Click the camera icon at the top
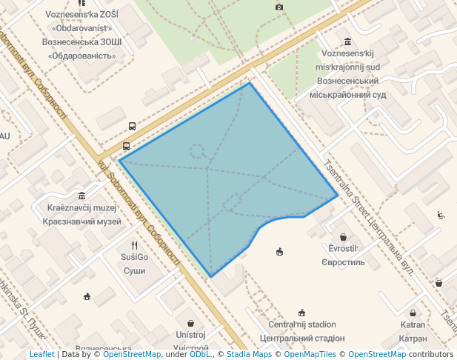pyautogui.click(x=279, y=7)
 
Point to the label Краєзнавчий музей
pyautogui.click(x=83, y=221)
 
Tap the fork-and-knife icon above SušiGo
pyautogui.click(x=134, y=244)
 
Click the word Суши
pyautogui.click(x=134, y=270)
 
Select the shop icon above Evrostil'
pyautogui.click(x=342, y=236)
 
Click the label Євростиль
pyautogui.click(x=343, y=262)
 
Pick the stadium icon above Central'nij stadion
pyautogui.click(x=301, y=313)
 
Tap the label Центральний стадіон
pyautogui.click(x=301, y=338)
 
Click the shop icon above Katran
pyautogui.click(x=413, y=313)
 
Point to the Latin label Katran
pyautogui.click(x=413, y=325)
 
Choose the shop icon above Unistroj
pyautogui.click(x=191, y=323)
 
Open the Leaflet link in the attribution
pyautogui.click(x=41, y=354)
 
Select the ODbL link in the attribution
pyautogui.click(x=200, y=354)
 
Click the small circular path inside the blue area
pyautogui.click(x=197, y=150)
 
